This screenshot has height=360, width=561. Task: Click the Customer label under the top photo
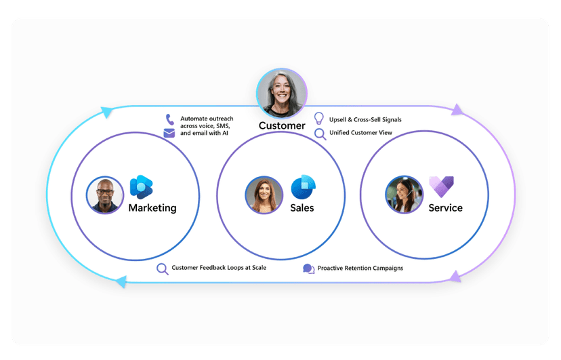click(x=282, y=125)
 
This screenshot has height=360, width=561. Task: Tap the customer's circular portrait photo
click(x=282, y=94)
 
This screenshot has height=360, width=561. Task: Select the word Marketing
click(x=152, y=207)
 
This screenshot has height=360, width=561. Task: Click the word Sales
click(x=302, y=207)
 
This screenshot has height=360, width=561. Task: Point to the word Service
click(x=446, y=207)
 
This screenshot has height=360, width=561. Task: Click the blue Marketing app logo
click(x=142, y=186)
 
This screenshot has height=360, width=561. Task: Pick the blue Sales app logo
click(x=303, y=186)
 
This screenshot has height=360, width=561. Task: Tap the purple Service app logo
click(x=441, y=185)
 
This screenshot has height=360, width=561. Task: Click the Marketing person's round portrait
click(x=105, y=195)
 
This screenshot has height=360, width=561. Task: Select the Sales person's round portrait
click(x=264, y=195)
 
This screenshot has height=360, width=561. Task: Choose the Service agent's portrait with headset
click(x=404, y=195)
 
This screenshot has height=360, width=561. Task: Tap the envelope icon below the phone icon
click(x=169, y=134)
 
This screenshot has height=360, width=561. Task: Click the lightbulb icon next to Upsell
click(x=319, y=119)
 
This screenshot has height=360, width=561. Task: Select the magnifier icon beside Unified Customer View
click(x=320, y=133)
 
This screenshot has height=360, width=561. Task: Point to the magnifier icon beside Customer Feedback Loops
click(x=162, y=268)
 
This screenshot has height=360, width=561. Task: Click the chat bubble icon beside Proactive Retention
click(x=308, y=268)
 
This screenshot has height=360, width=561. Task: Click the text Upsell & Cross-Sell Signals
click(x=365, y=119)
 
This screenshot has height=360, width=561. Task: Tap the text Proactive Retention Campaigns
click(x=360, y=268)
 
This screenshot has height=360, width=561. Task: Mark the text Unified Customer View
click(x=360, y=133)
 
